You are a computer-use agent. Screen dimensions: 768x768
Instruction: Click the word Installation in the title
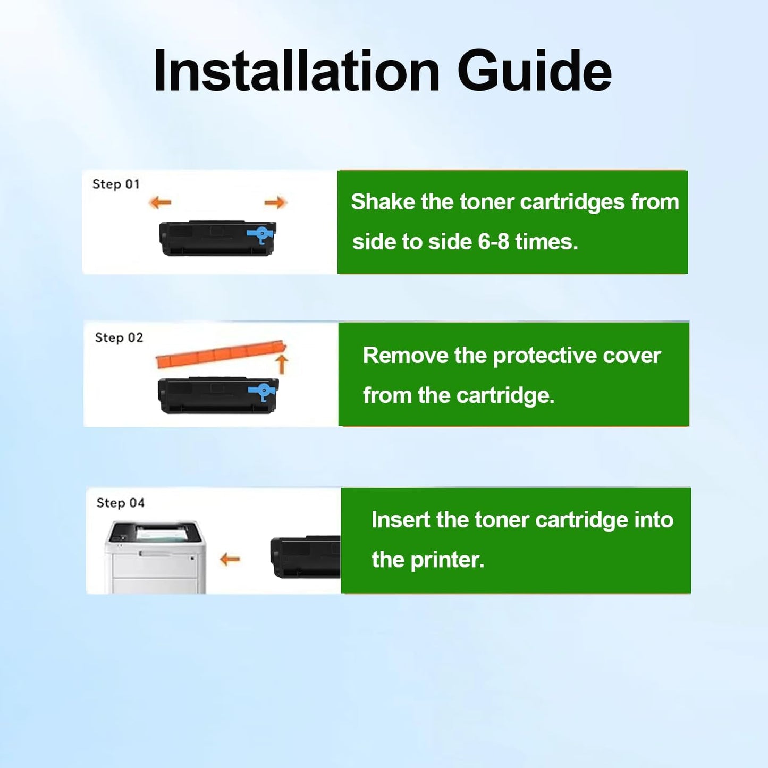tap(297, 71)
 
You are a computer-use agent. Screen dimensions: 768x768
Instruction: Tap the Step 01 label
tap(116, 184)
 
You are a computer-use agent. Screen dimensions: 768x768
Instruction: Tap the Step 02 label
tap(119, 337)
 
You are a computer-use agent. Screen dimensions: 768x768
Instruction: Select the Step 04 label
tap(121, 503)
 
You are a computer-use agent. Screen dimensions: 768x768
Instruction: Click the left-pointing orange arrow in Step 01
tap(160, 202)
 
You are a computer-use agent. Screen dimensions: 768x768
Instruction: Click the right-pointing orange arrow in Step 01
tap(275, 202)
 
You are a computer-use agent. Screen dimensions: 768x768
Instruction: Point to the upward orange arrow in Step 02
tap(282, 364)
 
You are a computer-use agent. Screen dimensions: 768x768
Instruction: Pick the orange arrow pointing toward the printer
tap(230, 559)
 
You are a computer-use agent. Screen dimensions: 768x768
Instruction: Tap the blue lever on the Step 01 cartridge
tap(261, 234)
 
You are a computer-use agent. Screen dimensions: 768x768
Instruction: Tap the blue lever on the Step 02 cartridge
tap(263, 392)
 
